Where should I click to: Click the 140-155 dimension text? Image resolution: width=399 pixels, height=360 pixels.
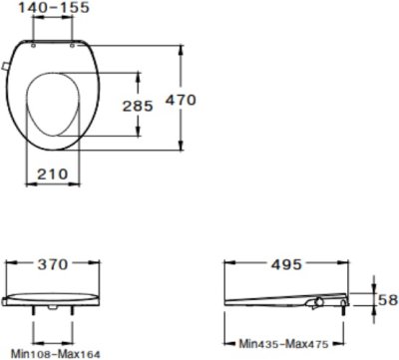54,8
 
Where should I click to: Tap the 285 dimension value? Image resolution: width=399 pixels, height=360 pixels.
138,106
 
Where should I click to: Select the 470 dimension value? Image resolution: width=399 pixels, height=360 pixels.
181,100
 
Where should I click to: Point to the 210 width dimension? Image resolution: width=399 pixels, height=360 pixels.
53,174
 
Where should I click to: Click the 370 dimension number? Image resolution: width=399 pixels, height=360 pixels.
53,265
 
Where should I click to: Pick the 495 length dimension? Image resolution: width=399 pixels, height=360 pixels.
286,265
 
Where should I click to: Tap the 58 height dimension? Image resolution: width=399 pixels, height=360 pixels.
388,300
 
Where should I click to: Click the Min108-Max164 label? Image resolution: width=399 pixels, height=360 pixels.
56,354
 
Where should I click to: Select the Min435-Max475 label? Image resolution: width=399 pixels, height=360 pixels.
283,344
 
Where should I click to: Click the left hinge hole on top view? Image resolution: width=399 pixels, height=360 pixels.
33,46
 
